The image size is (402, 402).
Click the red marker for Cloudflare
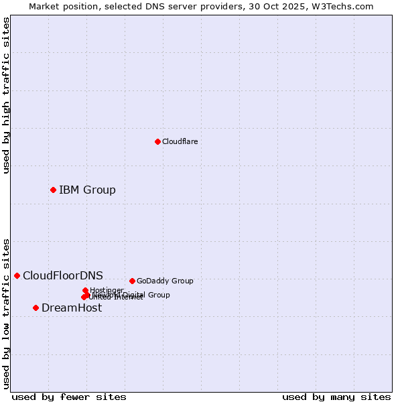pos(157,141)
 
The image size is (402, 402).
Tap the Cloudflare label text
pos(180,141)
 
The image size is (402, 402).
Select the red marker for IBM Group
pos(53,190)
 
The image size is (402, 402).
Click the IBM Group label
pos(87,190)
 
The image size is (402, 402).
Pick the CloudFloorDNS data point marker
pos(17,275)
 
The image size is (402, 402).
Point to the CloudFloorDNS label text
pos(63,275)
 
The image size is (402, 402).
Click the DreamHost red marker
pos(36,308)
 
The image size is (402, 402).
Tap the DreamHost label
pos(72,308)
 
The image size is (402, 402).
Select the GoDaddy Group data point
pos(132,281)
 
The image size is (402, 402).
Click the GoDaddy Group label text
pos(165,281)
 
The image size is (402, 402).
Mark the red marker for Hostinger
pos(85,290)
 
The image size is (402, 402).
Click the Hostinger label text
pos(107,290)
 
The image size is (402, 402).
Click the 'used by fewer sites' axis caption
pos(69,397)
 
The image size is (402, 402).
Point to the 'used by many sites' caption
pos(336,397)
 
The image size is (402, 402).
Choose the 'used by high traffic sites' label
pos(6,96)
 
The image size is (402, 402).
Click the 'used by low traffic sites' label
pos(6,313)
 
